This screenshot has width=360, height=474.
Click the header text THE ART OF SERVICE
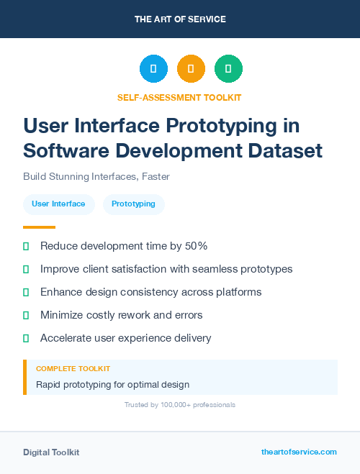(180, 19)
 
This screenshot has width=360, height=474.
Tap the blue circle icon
(153, 69)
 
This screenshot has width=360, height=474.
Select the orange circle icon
(191, 69)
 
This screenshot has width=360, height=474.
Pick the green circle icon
(228, 69)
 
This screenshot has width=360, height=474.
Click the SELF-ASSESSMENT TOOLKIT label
(180, 97)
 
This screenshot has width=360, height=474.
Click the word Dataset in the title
(282, 151)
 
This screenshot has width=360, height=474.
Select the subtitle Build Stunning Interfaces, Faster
(96, 176)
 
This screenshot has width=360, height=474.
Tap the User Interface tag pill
(58, 204)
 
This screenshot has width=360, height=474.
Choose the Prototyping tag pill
(133, 204)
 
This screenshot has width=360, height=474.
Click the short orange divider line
(39, 227)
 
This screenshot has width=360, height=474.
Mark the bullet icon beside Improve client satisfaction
(26, 269)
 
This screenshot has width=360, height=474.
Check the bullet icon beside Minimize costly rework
(26, 315)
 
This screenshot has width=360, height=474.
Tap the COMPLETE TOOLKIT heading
(73, 368)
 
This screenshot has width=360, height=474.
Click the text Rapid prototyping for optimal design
(112, 384)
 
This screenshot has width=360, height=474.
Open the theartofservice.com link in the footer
(299, 452)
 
